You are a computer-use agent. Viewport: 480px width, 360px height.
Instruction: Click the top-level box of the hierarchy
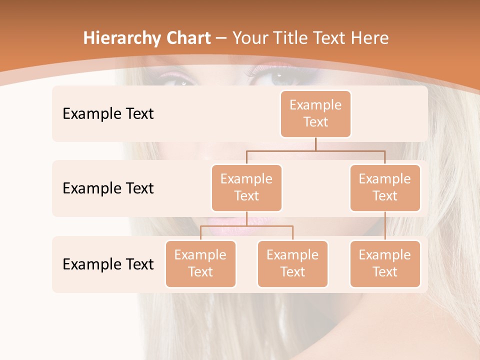(315, 113)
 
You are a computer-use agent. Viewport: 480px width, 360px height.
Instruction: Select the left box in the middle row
(246, 187)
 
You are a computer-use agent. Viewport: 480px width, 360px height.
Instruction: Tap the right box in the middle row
(385, 187)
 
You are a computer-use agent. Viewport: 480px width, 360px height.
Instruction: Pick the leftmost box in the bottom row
(200, 263)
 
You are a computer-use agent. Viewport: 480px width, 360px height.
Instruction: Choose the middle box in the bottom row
(292, 263)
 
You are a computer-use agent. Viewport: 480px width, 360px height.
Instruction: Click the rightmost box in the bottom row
(385, 263)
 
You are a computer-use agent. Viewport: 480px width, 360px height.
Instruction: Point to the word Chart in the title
(186, 38)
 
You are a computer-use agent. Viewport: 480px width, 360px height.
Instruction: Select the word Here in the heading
(370, 38)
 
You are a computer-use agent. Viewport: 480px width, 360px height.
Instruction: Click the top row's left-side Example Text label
(108, 114)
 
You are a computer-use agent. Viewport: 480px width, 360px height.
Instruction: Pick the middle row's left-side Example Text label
(108, 188)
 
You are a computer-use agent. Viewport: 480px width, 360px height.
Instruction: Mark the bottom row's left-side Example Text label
(108, 264)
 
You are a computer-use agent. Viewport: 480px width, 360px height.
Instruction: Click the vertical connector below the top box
(315, 144)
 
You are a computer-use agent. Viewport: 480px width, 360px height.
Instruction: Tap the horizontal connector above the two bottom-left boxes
(246, 226)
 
